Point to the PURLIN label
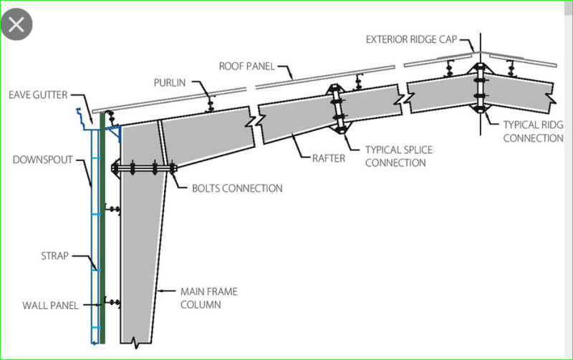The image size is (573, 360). tap(170, 83)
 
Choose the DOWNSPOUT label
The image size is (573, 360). tap(42, 160)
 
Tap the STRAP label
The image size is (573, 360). tap(54, 256)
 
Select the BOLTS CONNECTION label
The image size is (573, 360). tap(237, 189)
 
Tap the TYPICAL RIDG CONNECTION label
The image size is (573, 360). tap(533, 131)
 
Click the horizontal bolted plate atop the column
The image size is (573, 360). tap(143, 170)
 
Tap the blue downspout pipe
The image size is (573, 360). tap(94, 236)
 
